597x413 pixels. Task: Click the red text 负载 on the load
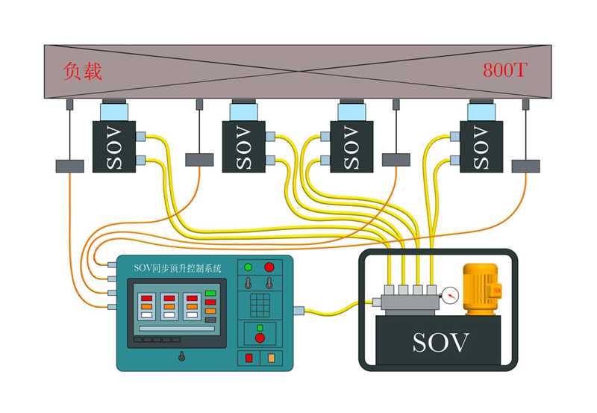pos(83,72)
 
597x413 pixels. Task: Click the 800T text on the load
pos(505,71)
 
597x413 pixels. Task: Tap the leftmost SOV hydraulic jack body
pos(113,147)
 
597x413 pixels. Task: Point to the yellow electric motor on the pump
pos(480,288)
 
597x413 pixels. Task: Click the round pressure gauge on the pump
pos(449,295)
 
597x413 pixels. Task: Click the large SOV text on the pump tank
pos(442,343)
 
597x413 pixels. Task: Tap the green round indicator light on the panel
pos(249,267)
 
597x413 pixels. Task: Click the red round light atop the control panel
pos(269,267)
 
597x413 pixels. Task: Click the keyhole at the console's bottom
pos(181,356)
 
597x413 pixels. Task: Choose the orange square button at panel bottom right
pos(270,358)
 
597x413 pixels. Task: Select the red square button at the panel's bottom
pos(249,358)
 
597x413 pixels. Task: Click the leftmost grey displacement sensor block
pos(69,166)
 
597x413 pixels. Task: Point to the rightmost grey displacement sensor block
pos(526,166)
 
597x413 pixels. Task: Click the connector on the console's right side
pos(298,309)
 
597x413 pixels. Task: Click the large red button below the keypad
pos(259,338)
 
